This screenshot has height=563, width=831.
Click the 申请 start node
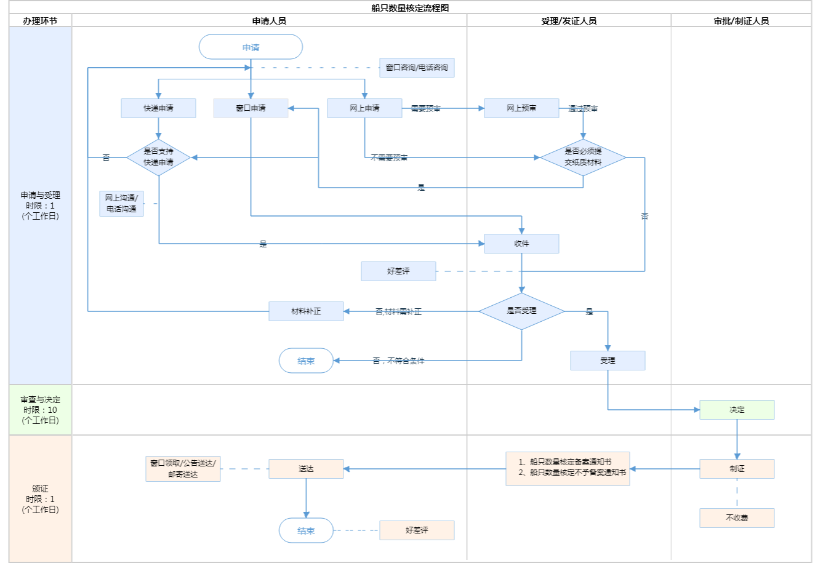coord(251,47)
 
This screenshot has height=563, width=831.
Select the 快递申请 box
coord(158,108)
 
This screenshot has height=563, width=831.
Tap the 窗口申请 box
coord(251,108)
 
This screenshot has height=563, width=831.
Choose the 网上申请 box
coord(364,108)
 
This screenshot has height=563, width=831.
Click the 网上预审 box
coord(521,108)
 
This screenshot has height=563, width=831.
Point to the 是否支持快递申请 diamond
coord(158,158)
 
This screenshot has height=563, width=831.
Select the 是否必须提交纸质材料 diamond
coord(583,158)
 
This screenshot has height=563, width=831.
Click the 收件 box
coord(521,244)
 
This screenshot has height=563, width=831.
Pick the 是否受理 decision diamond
coord(521,311)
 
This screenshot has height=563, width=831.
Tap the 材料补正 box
coord(306,311)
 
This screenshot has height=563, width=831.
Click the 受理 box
coord(608,361)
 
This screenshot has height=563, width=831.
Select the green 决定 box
coord(737,410)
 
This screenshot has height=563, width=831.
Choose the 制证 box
coord(737,469)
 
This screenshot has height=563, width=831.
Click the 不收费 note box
coord(737,518)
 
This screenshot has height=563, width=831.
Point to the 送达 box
coord(306,469)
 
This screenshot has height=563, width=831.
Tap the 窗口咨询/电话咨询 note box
coord(417,68)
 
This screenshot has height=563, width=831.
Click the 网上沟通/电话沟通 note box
coord(121,204)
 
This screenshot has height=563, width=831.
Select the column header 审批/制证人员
coord(741,21)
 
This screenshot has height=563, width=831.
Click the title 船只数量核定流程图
coord(410,8)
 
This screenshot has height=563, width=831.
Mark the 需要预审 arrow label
coord(425,109)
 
